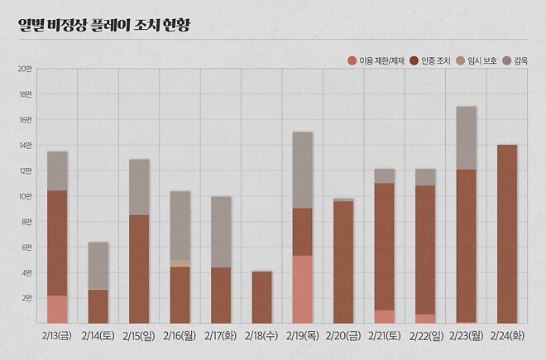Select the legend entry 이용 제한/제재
tap(376, 61)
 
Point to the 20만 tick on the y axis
tap(25, 70)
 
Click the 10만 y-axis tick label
tap(25, 196)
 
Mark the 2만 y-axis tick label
tap(25, 298)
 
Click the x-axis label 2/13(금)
tap(57, 338)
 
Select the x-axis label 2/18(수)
tap(261, 338)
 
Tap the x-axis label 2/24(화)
tap(507, 338)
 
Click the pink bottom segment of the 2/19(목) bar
tap(303, 290)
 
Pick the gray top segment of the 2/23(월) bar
tap(467, 137)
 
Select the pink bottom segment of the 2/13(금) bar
tap(57, 310)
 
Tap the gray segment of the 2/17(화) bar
tap(221, 232)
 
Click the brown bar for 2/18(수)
tap(261, 297)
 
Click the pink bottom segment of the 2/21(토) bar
tap(385, 317)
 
